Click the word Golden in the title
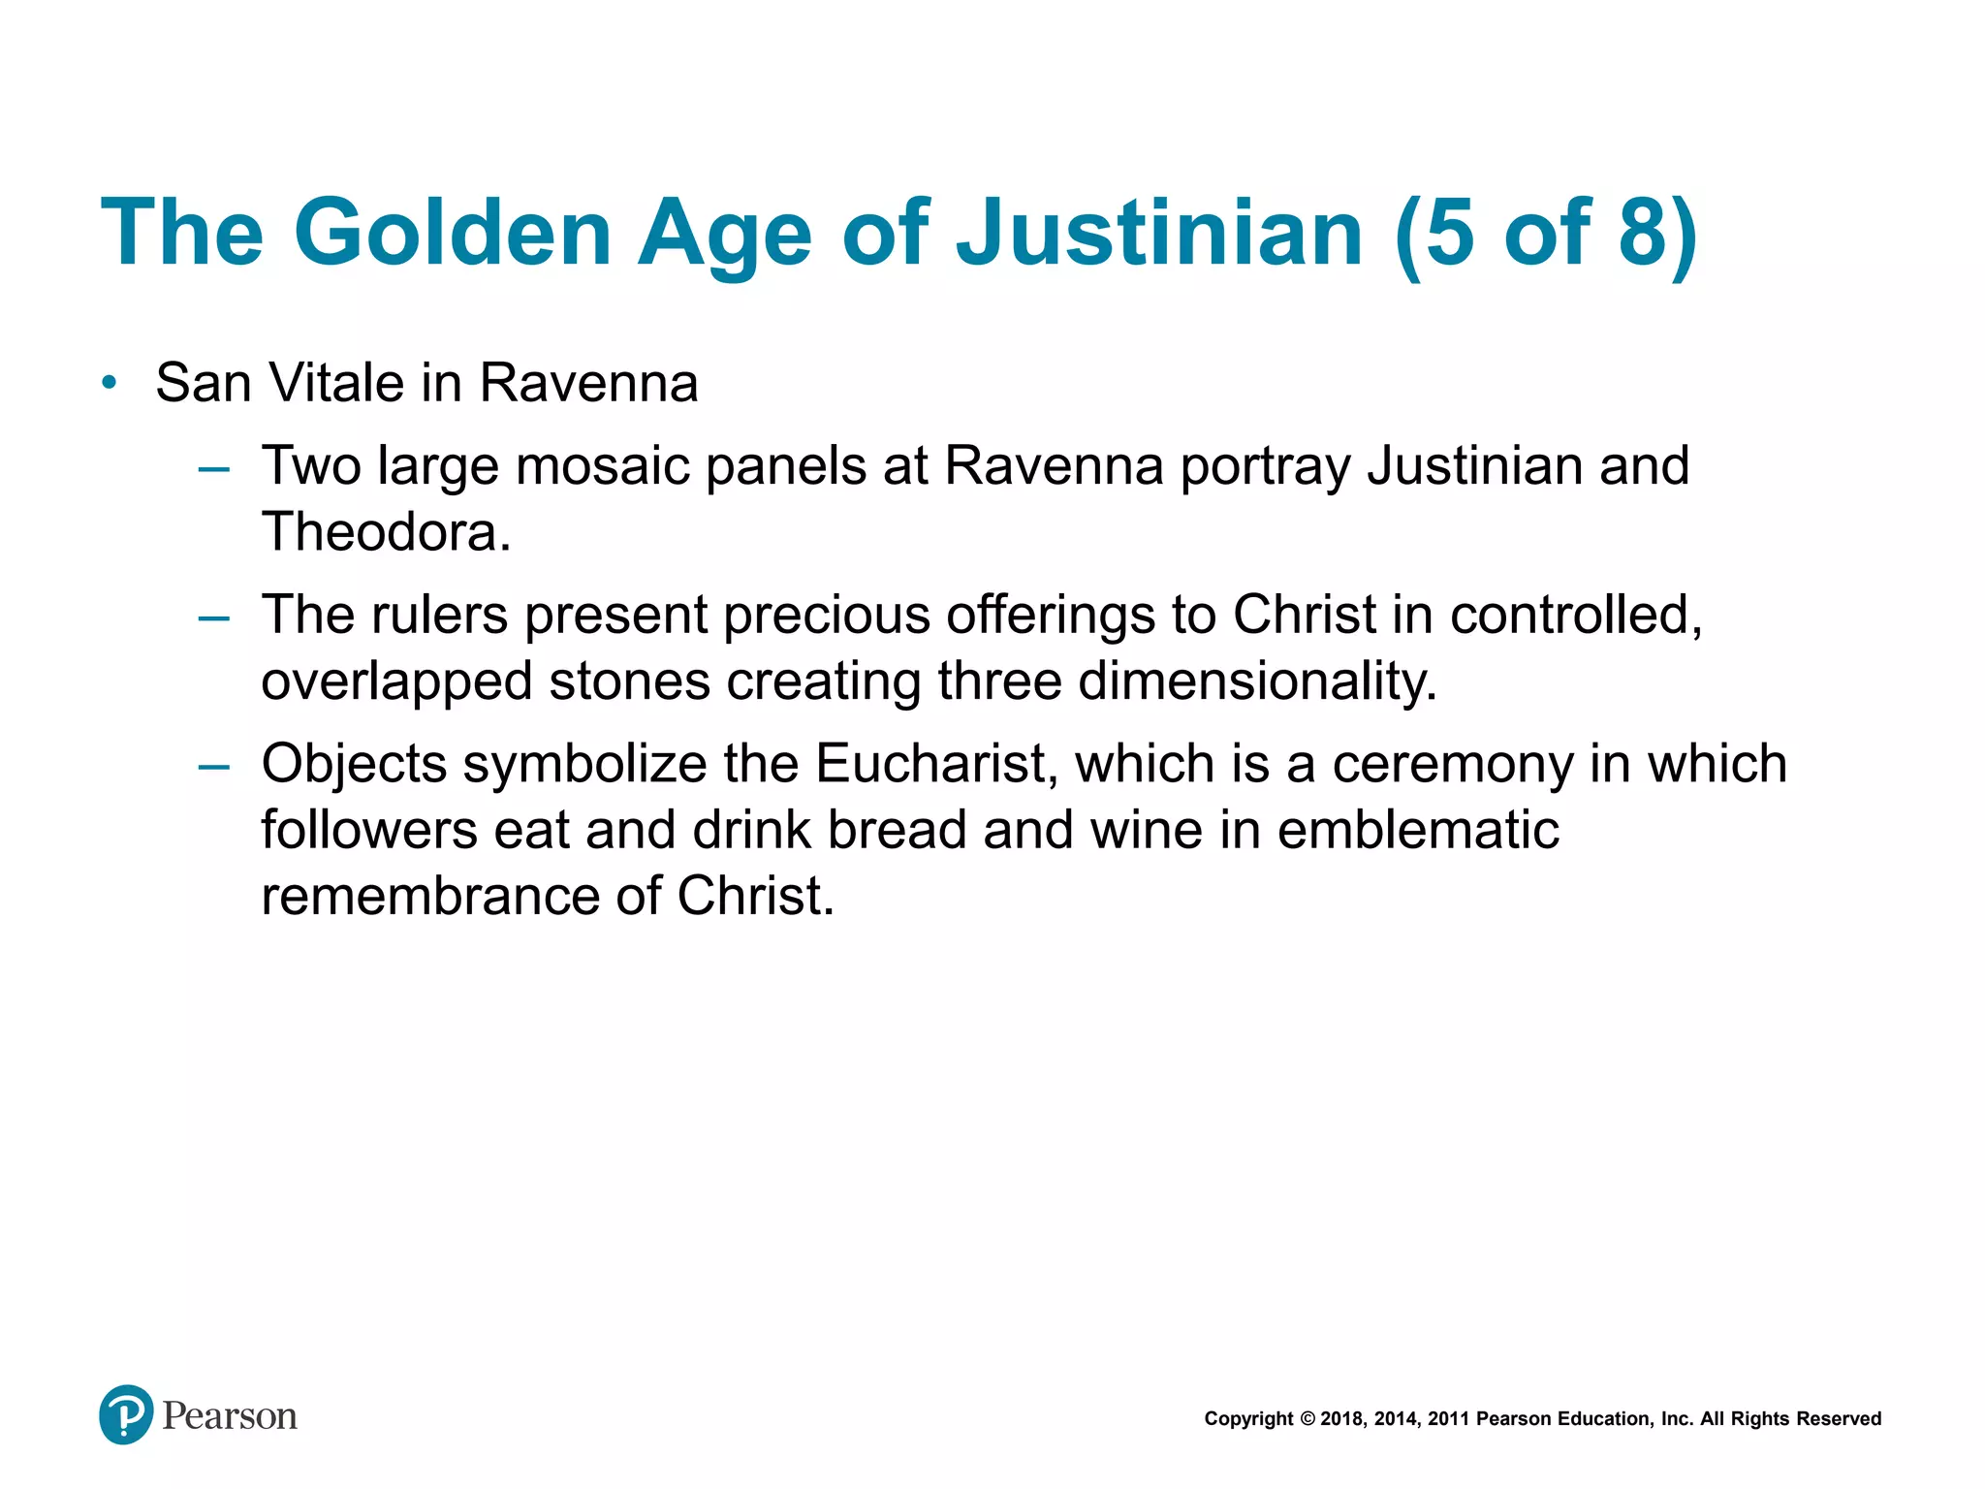coord(452,233)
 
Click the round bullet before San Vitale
coord(110,382)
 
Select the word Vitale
coord(336,382)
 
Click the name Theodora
coord(386,532)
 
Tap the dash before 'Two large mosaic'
coord(213,470)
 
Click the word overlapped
coord(396,681)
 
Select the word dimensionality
coord(1257,681)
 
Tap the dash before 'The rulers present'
coord(213,618)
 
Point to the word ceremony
coord(1452,764)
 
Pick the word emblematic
coord(1418,830)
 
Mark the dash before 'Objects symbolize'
coord(213,768)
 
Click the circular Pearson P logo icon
coord(126,1414)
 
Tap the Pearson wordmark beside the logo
coord(230,1416)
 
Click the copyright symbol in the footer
coord(1307,1419)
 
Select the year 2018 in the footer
coord(1341,1419)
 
